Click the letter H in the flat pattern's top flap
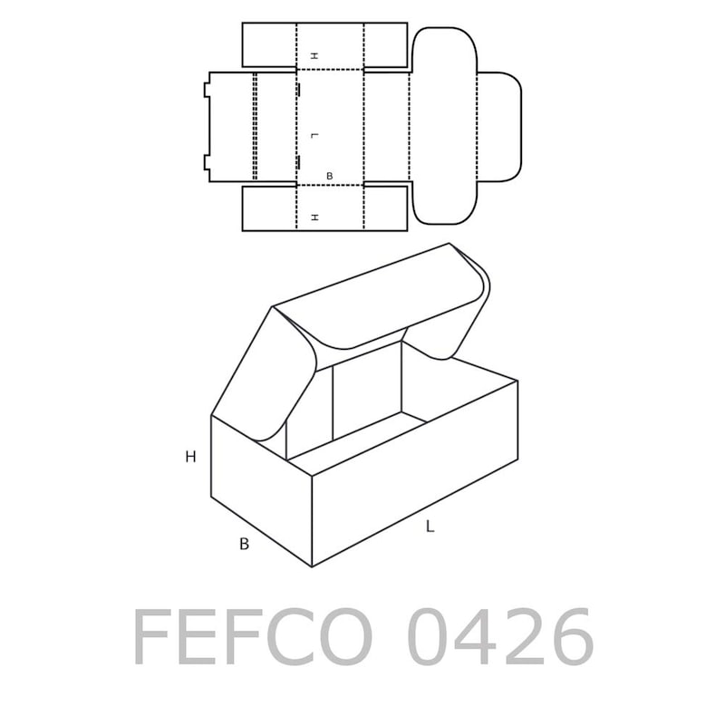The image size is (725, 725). click(314, 56)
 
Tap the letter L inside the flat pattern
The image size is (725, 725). click(314, 135)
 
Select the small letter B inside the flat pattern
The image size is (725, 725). click(329, 176)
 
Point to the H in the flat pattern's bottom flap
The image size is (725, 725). click(314, 217)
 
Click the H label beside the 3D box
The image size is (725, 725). click(190, 457)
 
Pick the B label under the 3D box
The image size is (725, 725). click(244, 545)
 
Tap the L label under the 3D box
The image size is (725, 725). click(430, 527)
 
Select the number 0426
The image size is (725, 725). click(500, 638)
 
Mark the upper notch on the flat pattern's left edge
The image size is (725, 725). click(207, 90)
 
